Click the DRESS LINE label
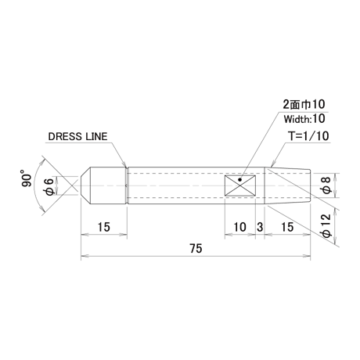pos(77,136)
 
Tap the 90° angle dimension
pos(27,178)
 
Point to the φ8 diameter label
pos(326,185)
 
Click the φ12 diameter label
pos(326,226)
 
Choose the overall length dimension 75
pos(196,249)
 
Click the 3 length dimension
pos(260,227)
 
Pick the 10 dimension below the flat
pos(239,227)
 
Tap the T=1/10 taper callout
pos(308,136)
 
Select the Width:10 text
pos(304,119)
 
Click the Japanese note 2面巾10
pos(304,104)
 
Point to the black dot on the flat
pos(239,179)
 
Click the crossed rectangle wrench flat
pos(240,185)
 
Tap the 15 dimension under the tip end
pos(104,227)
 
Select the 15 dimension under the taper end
pos(287,227)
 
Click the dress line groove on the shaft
pos(128,185)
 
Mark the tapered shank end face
pos(311,185)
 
